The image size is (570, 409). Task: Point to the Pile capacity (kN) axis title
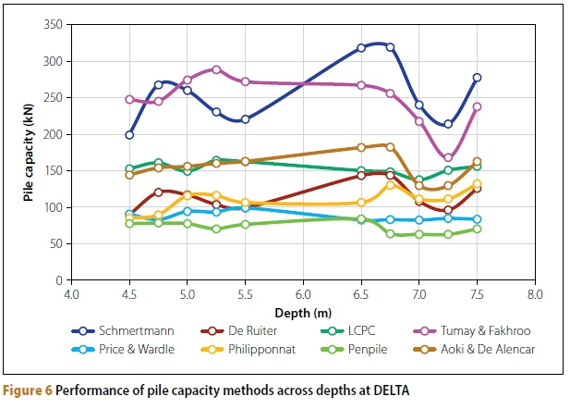[27, 151]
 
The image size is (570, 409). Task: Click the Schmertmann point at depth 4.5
[129, 134]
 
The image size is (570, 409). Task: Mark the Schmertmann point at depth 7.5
[477, 78]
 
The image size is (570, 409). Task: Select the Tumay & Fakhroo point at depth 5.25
[216, 69]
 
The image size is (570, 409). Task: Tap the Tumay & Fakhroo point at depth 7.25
[448, 157]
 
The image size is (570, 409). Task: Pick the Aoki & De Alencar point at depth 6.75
[390, 146]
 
